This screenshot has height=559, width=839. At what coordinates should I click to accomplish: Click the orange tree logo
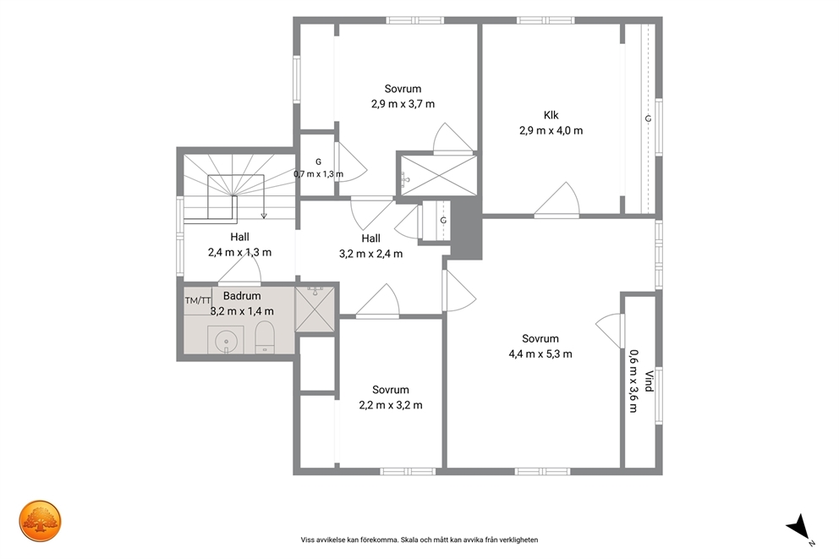point(40,522)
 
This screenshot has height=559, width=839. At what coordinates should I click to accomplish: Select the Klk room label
point(551,115)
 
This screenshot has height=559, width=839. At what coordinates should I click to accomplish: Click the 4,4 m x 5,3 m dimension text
point(540,354)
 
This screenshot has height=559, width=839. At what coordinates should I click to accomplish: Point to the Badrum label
point(242,296)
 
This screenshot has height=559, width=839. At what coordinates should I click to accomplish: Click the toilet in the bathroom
point(265,337)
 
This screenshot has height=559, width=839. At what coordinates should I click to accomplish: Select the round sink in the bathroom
point(226,340)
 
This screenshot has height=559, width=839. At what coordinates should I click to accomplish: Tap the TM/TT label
point(198,300)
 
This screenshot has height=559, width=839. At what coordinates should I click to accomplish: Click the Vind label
point(649,381)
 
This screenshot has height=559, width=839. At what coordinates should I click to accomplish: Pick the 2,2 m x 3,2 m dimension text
point(391,405)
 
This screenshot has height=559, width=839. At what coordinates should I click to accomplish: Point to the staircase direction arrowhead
point(264,216)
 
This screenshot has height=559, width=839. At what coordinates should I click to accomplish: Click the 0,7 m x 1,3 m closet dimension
point(318,174)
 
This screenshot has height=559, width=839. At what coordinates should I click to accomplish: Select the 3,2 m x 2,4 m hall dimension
point(370,254)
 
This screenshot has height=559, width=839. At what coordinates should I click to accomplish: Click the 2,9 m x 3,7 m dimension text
point(403,104)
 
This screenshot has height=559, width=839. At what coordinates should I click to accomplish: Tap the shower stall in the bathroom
point(315,310)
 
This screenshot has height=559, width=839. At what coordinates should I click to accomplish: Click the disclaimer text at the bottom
point(419,540)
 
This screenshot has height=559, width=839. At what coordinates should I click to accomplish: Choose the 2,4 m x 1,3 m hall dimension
point(239,253)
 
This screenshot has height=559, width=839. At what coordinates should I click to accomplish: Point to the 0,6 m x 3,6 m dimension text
point(633,381)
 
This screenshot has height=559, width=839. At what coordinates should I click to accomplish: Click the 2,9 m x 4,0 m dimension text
point(551,130)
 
